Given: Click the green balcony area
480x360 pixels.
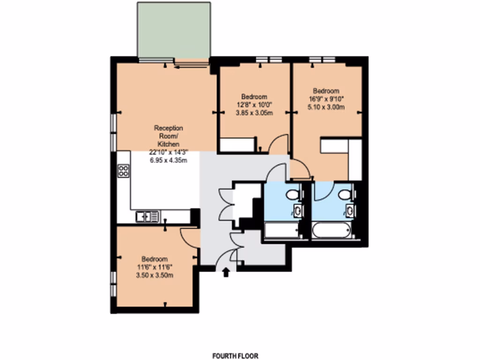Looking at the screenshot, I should click(173, 30).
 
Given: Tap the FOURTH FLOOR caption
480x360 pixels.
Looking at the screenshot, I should click(235, 356).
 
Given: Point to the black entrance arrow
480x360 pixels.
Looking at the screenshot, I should click(226, 272).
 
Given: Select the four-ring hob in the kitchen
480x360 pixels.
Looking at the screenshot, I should click(124, 171).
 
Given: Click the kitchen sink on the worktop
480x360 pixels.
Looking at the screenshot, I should click(147, 216).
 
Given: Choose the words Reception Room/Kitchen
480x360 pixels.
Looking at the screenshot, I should click(169, 136).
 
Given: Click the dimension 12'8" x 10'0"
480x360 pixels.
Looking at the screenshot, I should click(254, 105).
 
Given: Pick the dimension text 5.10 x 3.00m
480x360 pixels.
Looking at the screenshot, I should click(326, 107).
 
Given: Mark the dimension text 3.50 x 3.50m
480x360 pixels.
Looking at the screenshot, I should click(155, 275).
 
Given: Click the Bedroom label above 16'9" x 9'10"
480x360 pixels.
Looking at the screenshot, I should click(326, 90).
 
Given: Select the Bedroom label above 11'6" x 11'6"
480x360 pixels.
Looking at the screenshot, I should click(155, 259).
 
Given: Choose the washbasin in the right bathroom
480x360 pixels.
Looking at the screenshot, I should click(350, 210).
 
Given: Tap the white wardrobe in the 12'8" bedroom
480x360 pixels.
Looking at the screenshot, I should click(237, 145).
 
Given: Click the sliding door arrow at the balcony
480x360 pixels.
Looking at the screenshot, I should click(191, 67).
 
